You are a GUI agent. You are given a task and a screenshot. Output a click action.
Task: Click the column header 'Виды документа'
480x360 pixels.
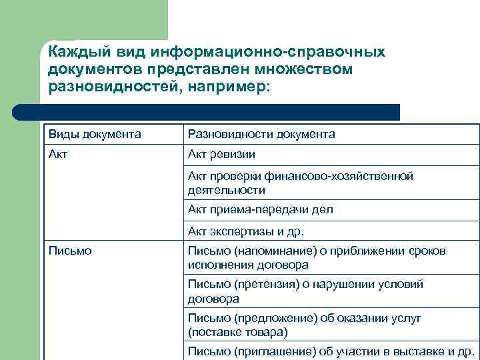(94, 135)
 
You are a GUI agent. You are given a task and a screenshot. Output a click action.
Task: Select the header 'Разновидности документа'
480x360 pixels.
(261, 135)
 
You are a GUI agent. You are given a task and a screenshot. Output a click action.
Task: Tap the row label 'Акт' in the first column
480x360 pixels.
(57, 155)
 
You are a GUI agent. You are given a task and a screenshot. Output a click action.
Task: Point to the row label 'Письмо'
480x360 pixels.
(70, 251)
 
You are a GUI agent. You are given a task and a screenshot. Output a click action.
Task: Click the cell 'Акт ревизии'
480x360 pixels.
(221, 155)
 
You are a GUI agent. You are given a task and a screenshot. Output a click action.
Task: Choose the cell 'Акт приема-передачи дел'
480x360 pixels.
(260, 209)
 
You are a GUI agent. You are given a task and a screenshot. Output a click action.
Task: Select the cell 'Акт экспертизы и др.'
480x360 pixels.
(246, 231)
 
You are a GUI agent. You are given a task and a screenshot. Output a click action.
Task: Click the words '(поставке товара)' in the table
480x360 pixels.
(237, 332)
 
